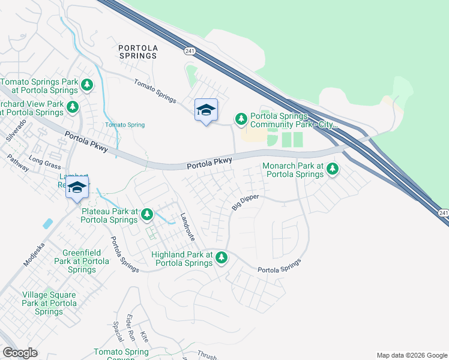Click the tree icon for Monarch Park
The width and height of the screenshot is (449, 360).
click(331, 170)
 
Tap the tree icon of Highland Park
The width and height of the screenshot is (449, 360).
click(221, 258)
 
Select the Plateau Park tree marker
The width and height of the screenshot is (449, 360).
click(146, 214)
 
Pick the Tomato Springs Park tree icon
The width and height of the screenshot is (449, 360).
click(88, 85)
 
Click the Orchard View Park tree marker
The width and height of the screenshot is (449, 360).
click(73, 107)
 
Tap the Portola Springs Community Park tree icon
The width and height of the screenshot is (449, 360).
click(241, 119)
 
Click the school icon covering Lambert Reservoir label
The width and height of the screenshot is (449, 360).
click(77, 187)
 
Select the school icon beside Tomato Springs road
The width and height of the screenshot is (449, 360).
click(206, 110)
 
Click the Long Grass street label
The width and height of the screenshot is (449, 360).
click(45, 161)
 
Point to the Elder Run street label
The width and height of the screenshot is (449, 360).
click(128, 328)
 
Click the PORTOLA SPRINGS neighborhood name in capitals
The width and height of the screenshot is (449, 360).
click(137, 51)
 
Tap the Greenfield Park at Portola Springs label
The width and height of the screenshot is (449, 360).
click(82, 261)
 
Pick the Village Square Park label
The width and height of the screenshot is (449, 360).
click(49, 303)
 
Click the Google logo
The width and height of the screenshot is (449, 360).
click(20, 353)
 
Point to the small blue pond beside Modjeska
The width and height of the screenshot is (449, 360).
click(47, 224)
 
